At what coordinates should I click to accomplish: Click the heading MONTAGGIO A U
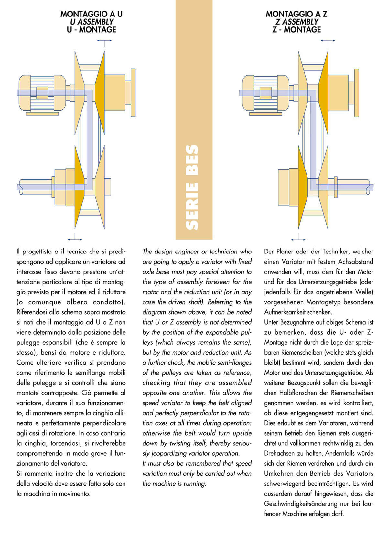pyautogui.click(x=92, y=14)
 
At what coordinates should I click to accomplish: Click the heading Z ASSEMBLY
pyautogui.click(x=297, y=22)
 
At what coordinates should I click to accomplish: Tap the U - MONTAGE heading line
pyautogui.click(x=92, y=30)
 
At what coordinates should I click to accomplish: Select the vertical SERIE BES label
pyautogui.click(x=193, y=187)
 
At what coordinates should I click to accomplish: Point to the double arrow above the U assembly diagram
pyautogui.click(x=104, y=41)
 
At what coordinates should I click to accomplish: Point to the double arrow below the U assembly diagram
pyautogui.click(x=75, y=239)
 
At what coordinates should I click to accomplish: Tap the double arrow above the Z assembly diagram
pyautogui.click(x=328, y=41)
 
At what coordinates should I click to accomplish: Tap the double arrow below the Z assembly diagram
pyautogui.click(x=298, y=240)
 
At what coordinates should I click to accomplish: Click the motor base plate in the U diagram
pyautogui.click(x=42, y=114)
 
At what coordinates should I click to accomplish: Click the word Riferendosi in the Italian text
pyautogui.click(x=32, y=312)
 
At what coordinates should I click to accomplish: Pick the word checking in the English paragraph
pyautogui.click(x=156, y=383)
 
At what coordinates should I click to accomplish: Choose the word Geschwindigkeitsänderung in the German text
pyautogui.click(x=304, y=504)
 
